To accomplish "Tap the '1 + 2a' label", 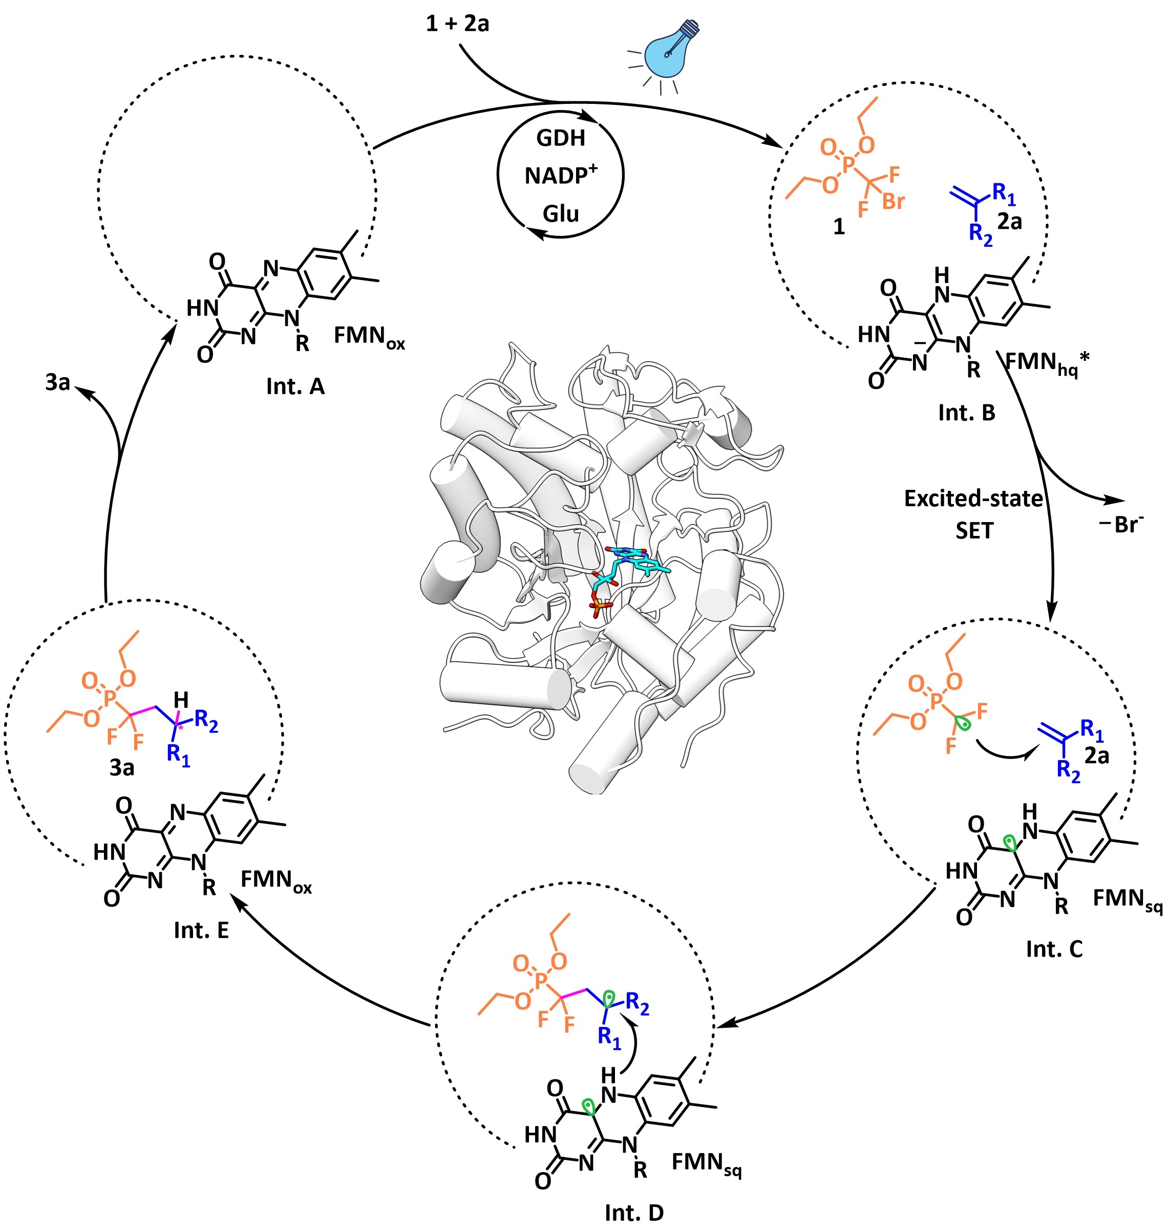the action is [458, 24].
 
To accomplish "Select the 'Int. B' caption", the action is [966, 413].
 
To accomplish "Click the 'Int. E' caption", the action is [201, 930].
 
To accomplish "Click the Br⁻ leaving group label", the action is [1122, 525].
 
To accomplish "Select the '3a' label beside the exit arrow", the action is [57, 382].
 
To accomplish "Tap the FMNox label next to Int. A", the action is [369, 337].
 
